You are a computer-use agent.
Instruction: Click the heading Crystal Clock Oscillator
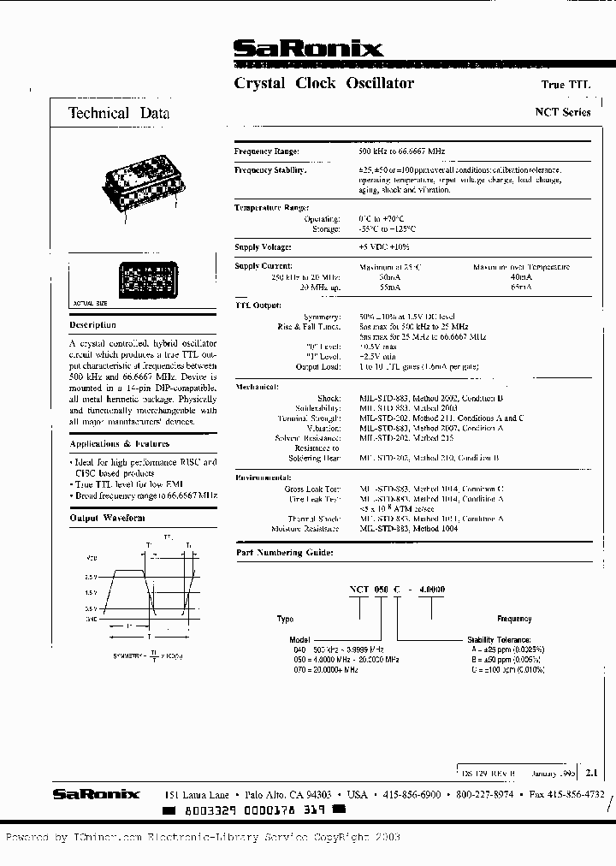coord(323,84)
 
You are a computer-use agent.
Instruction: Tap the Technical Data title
coord(119,113)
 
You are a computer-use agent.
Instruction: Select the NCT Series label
coord(562,112)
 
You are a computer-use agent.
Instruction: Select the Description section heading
coord(92,325)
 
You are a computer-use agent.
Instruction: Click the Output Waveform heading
coord(107,518)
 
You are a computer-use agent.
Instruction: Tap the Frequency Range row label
coord(267,151)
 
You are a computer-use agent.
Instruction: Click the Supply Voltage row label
coord(263,247)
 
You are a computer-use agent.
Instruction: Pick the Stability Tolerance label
coord(499,639)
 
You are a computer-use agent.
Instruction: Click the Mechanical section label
coord(258,387)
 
